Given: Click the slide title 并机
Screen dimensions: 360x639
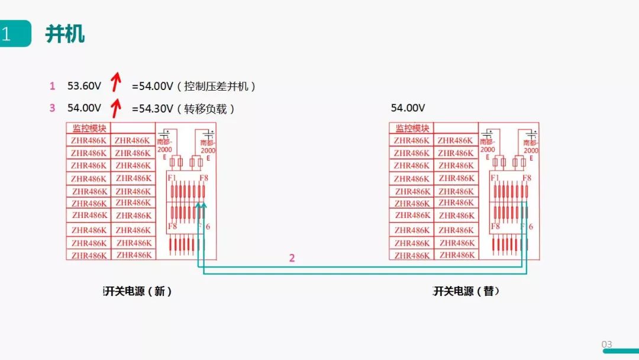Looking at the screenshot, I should tap(65, 34).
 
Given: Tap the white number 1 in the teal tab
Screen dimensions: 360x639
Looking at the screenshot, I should tap(7, 34).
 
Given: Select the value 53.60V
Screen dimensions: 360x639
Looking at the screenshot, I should tap(84, 86).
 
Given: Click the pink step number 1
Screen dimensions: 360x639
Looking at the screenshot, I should tap(52, 86).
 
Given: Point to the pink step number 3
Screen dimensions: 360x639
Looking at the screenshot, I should tap(52, 108).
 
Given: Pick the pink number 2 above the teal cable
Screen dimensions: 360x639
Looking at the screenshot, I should tap(292, 258).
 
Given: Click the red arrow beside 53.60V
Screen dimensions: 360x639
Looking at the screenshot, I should tap(117, 83).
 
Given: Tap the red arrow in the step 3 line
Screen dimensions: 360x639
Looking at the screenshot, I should tap(117, 107).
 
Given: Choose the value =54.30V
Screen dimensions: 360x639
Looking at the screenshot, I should tap(153, 108).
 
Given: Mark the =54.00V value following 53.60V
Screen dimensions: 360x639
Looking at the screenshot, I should tap(153, 86).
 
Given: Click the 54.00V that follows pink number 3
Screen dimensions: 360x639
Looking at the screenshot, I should tap(84, 108).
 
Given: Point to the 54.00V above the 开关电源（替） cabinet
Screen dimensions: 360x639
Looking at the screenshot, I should tap(408, 108).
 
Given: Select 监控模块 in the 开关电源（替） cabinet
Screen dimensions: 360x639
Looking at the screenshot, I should tap(412, 128).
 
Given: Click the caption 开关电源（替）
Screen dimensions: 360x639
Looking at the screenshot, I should tap(466, 291).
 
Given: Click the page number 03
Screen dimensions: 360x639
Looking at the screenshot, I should tap(606, 344).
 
